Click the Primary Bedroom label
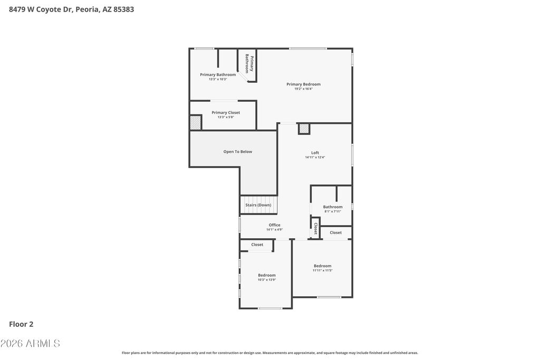pos(303,84)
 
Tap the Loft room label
pos(315,153)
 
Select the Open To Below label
pos(238,152)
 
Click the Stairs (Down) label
pos(258,205)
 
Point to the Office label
pos(274,225)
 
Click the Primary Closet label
pos(226,113)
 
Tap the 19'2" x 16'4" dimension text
pos(303,89)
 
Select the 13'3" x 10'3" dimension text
pos(218,79)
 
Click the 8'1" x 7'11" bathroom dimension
pos(333,211)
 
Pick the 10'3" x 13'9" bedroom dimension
pos(267,280)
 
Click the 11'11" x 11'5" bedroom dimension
pos(323,270)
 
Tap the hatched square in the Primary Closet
pos(195,122)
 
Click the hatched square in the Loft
pos(304,129)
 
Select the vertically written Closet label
pos(315,229)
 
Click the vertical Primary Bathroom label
pos(249,63)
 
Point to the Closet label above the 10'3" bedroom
pos(257,245)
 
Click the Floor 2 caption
pos(21,324)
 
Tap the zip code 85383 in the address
pos(123,9)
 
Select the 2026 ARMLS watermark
pos(30,343)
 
